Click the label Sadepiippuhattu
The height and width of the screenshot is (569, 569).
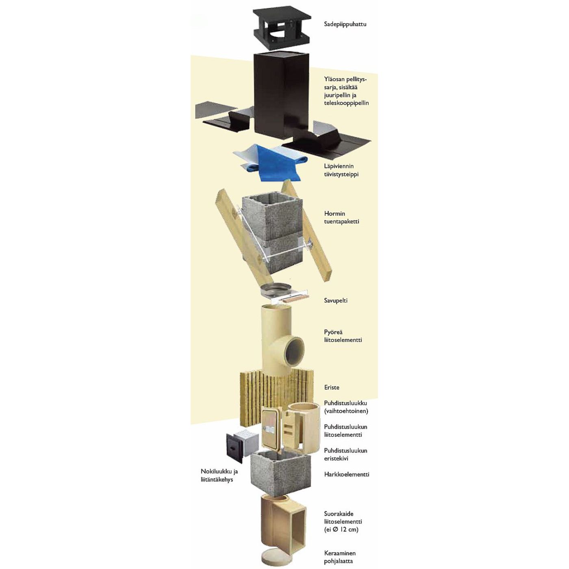(x=345, y=24)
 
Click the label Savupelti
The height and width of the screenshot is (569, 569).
(x=336, y=301)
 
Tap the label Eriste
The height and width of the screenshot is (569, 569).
(x=332, y=387)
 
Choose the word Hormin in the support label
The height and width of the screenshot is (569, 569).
(x=334, y=213)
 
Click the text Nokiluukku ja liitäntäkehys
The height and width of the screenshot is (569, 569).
(x=219, y=484)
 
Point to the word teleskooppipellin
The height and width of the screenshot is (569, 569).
(x=346, y=103)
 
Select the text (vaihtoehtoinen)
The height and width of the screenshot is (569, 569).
(x=346, y=411)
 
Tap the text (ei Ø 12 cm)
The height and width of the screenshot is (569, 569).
(x=341, y=530)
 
